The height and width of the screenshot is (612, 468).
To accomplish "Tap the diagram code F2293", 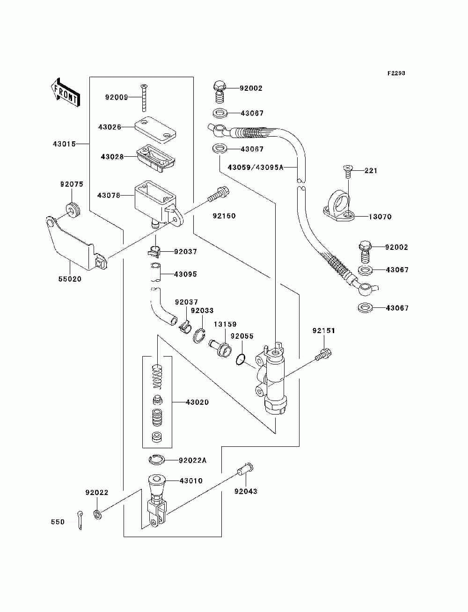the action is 396,73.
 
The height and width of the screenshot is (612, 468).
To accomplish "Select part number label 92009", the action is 117,97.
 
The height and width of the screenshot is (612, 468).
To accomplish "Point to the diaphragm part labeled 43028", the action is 156,158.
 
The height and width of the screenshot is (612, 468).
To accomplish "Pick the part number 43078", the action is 109,196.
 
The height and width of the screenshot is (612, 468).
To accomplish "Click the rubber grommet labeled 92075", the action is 73,210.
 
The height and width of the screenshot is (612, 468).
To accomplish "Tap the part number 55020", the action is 70,279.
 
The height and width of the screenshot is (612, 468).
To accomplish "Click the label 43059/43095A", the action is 256,168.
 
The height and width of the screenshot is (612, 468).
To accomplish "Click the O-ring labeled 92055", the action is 241,360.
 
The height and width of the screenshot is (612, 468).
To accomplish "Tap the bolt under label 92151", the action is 323,355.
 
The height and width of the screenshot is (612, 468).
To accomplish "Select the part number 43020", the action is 197,402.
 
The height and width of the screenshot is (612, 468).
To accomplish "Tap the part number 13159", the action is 225,324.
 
